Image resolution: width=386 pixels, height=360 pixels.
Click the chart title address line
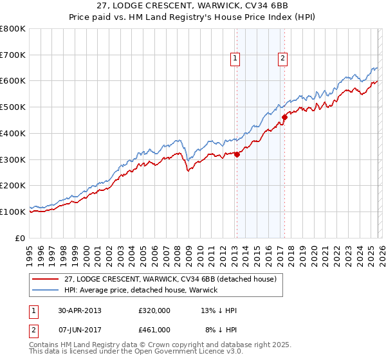(193, 6)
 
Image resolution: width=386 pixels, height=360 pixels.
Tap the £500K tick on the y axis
(13, 107)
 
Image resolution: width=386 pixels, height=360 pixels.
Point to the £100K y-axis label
(13, 212)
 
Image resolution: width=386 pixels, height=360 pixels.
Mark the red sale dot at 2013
(237, 154)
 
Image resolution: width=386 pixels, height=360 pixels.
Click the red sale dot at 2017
(284, 117)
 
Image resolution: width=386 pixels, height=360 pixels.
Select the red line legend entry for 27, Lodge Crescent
(170, 279)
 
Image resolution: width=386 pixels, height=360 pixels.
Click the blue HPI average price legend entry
(141, 290)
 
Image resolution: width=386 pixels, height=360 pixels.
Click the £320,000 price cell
(154, 310)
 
